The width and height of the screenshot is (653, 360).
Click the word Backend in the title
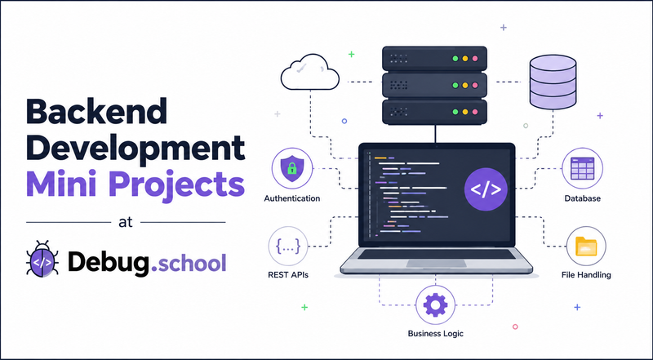tap(96, 111)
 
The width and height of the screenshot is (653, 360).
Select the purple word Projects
tap(177, 186)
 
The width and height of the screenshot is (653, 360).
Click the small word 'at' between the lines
tap(126, 222)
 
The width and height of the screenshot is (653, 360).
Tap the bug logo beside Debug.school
tap(42, 259)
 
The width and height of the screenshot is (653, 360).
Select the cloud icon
tap(310, 72)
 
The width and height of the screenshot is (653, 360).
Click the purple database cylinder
tap(553, 82)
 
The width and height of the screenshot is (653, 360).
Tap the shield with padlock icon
tap(292, 168)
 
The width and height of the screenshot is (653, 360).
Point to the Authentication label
tap(292, 198)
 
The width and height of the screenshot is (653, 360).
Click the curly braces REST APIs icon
tap(288, 246)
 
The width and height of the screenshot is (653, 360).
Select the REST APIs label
tap(288, 275)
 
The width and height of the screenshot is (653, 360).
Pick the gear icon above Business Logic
tap(435, 304)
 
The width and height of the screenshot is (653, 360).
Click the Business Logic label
tap(436, 333)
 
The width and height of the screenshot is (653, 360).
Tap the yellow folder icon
tap(586, 247)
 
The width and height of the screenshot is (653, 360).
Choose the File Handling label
tap(586, 275)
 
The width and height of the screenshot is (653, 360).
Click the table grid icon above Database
tap(582, 168)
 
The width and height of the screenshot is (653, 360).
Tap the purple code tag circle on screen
tap(486, 189)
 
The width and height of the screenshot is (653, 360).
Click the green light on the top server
tap(455, 59)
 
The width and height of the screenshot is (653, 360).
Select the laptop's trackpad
tap(436, 264)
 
